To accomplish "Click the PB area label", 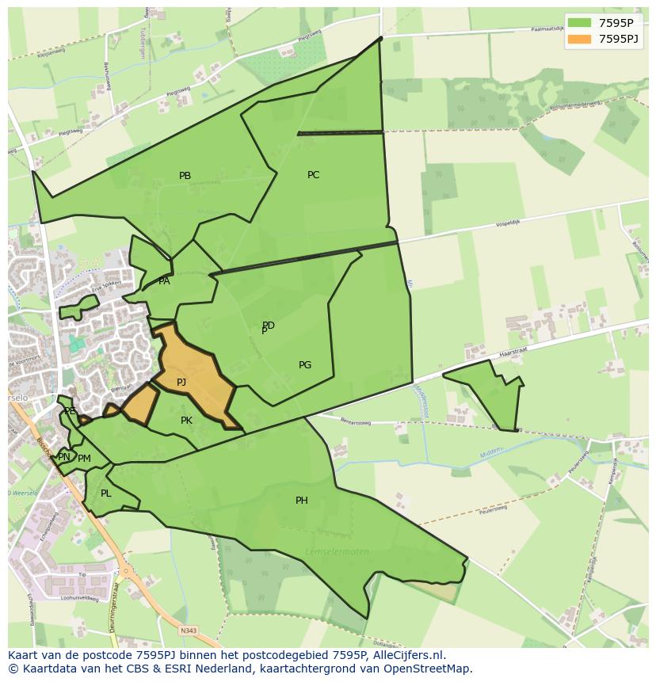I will click(x=185, y=176).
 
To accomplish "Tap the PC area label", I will click(x=314, y=175).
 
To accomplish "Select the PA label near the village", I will click(x=164, y=281).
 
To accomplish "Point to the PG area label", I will click(x=305, y=365).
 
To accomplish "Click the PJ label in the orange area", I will click(x=181, y=383).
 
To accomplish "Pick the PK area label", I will click(x=186, y=421).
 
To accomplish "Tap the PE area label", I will click(x=70, y=411).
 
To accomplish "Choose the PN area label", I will click(x=64, y=457).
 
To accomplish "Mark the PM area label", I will click(x=84, y=459).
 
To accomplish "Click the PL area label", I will click(x=106, y=493).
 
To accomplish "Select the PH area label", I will click(x=302, y=501).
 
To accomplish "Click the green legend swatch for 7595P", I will click(x=580, y=23).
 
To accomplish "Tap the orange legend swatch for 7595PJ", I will click(x=580, y=39).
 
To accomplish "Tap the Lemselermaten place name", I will click(x=337, y=552).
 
